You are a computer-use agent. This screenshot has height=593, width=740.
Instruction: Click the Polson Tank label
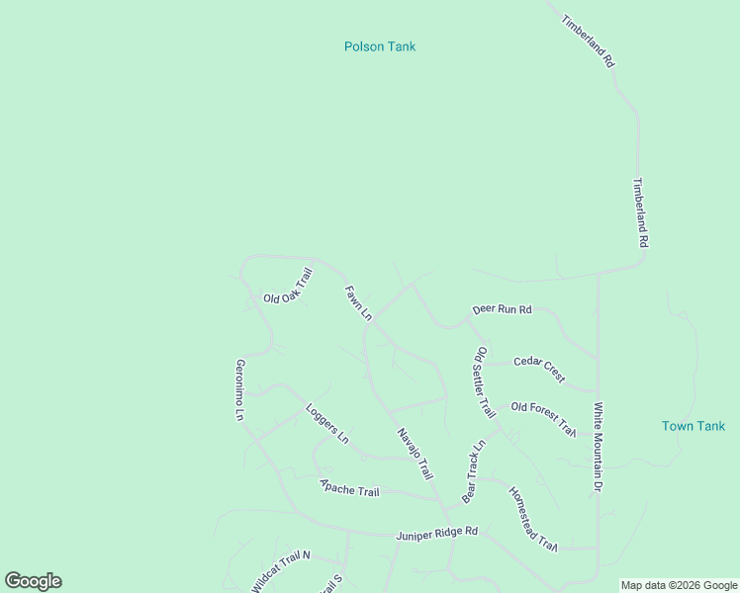pyautogui.click(x=380, y=46)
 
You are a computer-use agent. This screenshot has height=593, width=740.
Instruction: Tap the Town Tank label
pyautogui.click(x=694, y=426)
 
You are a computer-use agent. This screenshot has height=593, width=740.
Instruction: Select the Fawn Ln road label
pyautogui.click(x=358, y=303)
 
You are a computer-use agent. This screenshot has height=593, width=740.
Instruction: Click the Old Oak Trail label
pyautogui.click(x=288, y=287)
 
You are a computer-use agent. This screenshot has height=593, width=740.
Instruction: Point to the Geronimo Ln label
pyautogui.click(x=239, y=389)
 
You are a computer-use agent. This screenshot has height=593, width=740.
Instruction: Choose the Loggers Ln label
pyautogui.click(x=327, y=422)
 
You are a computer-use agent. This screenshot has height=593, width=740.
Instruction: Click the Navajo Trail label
pyautogui.click(x=416, y=455)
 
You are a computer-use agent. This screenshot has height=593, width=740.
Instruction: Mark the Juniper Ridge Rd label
pyautogui.click(x=436, y=533)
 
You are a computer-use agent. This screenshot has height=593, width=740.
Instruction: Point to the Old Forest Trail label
pyautogui.click(x=543, y=418)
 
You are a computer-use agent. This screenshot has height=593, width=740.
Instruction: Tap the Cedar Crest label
pyautogui.click(x=539, y=368)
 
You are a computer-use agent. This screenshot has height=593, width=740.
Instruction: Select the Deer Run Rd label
pyautogui.click(x=502, y=309)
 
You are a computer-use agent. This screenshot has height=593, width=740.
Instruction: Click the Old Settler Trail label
pyautogui.click(x=484, y=381)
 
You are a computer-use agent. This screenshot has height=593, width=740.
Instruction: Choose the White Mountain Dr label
pyautogui.click(x=598, y=447)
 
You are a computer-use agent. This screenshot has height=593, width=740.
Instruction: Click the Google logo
pyautogui.click(x=33, y=581)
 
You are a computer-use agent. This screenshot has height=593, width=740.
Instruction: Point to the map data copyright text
pyautogui.click(x=679, y=585)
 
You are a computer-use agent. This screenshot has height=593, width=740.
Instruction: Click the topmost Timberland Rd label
pyautogui.click(x=589, y=41)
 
